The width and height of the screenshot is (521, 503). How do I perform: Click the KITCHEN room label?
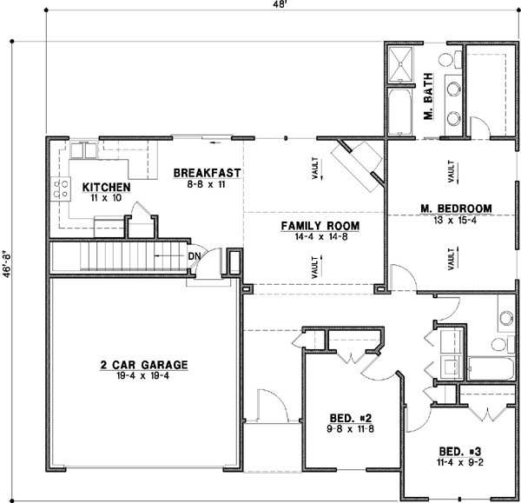tap(106, 187)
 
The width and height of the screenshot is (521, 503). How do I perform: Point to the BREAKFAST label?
tap(207, 172)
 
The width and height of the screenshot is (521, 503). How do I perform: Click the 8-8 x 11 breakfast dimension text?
tap(206, 184)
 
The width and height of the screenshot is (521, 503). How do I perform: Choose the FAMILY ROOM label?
tap(320, 226)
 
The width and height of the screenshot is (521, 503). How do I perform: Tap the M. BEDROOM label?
tap(456, 208)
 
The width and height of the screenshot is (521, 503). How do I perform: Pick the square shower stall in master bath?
tap(401, 65)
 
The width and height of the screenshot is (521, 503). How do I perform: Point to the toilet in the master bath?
tap(446, 60)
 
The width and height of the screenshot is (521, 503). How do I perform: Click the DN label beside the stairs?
tap(195, 256)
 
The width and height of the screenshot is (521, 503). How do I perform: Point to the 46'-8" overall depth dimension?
tap(6, 261)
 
